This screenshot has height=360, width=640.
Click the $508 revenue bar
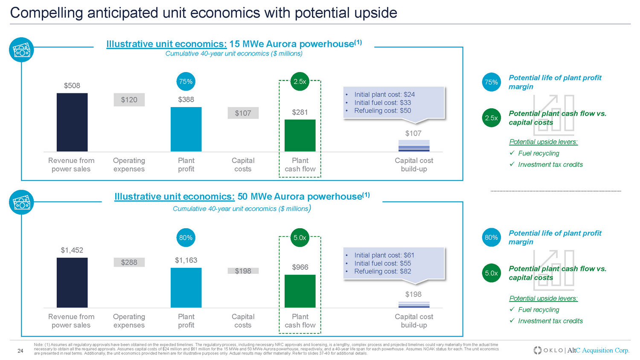[x=72, y=122]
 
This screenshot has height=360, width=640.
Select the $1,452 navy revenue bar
[x=72, y=282]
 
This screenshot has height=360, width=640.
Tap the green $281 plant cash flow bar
[x=300, y=135]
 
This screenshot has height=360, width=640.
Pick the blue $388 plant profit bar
[x=186, y=129]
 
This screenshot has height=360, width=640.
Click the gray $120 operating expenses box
[x=129, y=100]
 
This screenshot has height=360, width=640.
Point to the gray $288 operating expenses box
[x=129, y=262]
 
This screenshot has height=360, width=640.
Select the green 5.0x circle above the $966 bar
[x=300, y=238]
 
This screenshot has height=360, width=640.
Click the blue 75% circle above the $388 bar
[x=186, y=81]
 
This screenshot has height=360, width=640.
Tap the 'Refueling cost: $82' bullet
[x=382, y=271]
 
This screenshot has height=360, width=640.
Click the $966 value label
[x=300, y=267]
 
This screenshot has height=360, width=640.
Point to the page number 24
[x=20, y=351]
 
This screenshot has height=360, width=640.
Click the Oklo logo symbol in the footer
[x=538, y=350]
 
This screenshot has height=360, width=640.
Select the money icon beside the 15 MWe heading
[x=21, y=50]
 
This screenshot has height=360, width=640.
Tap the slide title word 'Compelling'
[x=47, y=13]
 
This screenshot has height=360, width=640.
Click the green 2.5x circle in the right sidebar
[x=492, y=118]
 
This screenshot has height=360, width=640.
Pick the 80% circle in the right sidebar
[x=492, y=238]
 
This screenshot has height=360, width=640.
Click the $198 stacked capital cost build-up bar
[x=414, y=305]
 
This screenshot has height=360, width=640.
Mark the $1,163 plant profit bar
[x=186, y=287]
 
